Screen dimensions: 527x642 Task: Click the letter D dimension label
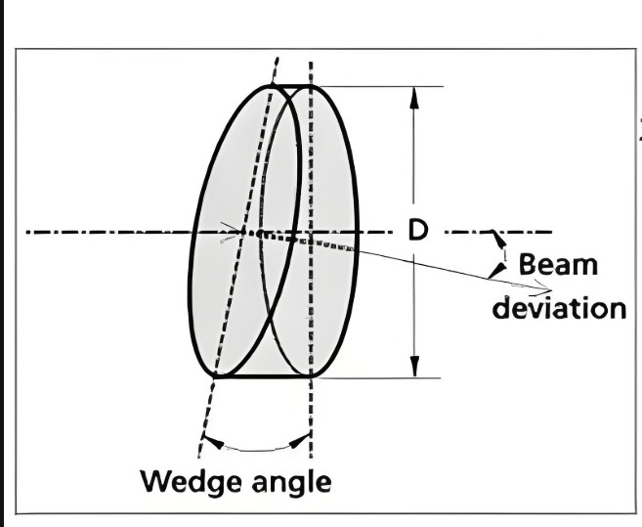(x=417, y=231)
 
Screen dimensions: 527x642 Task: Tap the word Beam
(x=558, y=264)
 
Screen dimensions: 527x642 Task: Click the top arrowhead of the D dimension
(x=414, y=96)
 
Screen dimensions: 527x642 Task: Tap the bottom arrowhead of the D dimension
(x=414, y=367)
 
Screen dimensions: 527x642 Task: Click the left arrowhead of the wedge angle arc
(x=212, y=441)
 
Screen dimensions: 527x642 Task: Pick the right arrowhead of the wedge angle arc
(x=301, y=439)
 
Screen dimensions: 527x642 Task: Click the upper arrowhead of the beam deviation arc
(x=498, y=241)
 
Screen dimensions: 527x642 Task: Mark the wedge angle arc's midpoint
(x=256, y=451)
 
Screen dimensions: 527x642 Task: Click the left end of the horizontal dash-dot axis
(x=29, y=233)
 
